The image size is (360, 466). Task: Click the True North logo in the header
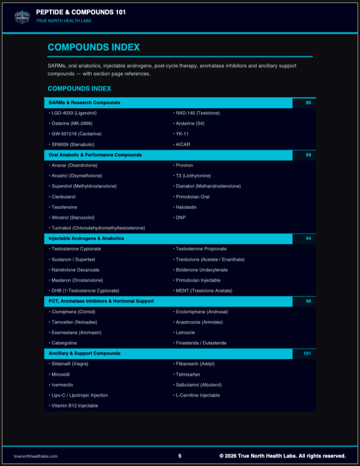click(22, 16)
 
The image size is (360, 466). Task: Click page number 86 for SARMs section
click(308, 103)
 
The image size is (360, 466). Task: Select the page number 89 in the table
click(308, 155)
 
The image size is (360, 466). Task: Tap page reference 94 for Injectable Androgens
click(308, 239)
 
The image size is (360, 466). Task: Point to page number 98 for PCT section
click(308, 301)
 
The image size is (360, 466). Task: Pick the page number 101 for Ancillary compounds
click(307, 353)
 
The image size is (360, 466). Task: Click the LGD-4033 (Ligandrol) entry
click(73, 113)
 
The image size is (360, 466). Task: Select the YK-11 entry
click(182, 134)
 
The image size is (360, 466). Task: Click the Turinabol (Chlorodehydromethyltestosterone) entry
click(98, 228)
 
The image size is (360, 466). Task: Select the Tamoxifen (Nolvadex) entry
click(74, 322)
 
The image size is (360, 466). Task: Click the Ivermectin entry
click(64, 385)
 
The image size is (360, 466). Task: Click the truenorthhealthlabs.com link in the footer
click(35, 456)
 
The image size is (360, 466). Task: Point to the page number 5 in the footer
click(180, 456)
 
